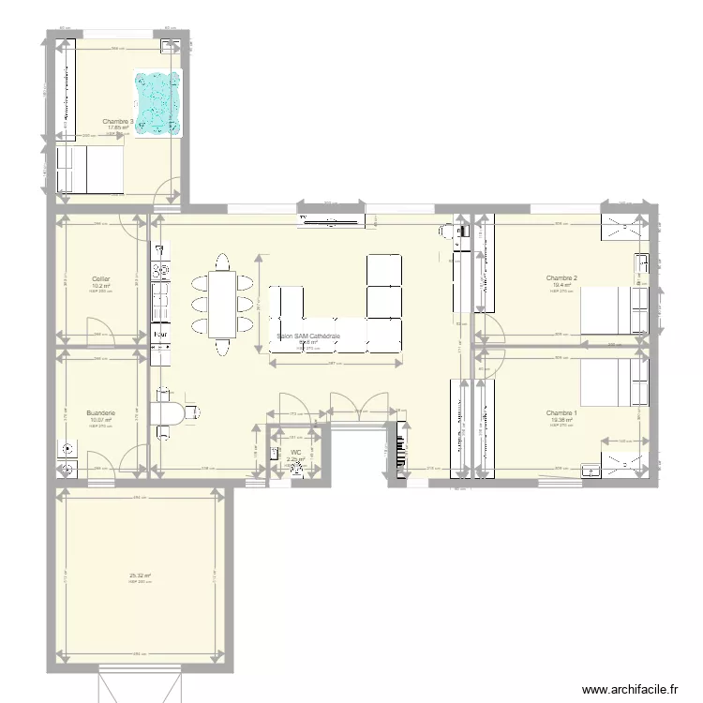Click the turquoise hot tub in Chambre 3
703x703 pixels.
tap(157, 104)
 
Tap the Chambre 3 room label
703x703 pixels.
tap(117, 121)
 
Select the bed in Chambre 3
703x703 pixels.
tap(91, 170)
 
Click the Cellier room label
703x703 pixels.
tap(100, 278)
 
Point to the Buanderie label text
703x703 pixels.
tap(100, 412)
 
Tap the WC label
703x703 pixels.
tap(295, 453)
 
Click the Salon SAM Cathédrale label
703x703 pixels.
tap(308, 335)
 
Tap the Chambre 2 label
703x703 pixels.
tap(561, 277)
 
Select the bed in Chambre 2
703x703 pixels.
tap(614, 310)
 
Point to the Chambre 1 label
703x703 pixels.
tap(561, 413)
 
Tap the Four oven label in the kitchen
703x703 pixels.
tap(160, 333)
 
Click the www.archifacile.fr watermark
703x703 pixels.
tap(629, 689)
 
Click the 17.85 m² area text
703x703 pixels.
tap(116, 127)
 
